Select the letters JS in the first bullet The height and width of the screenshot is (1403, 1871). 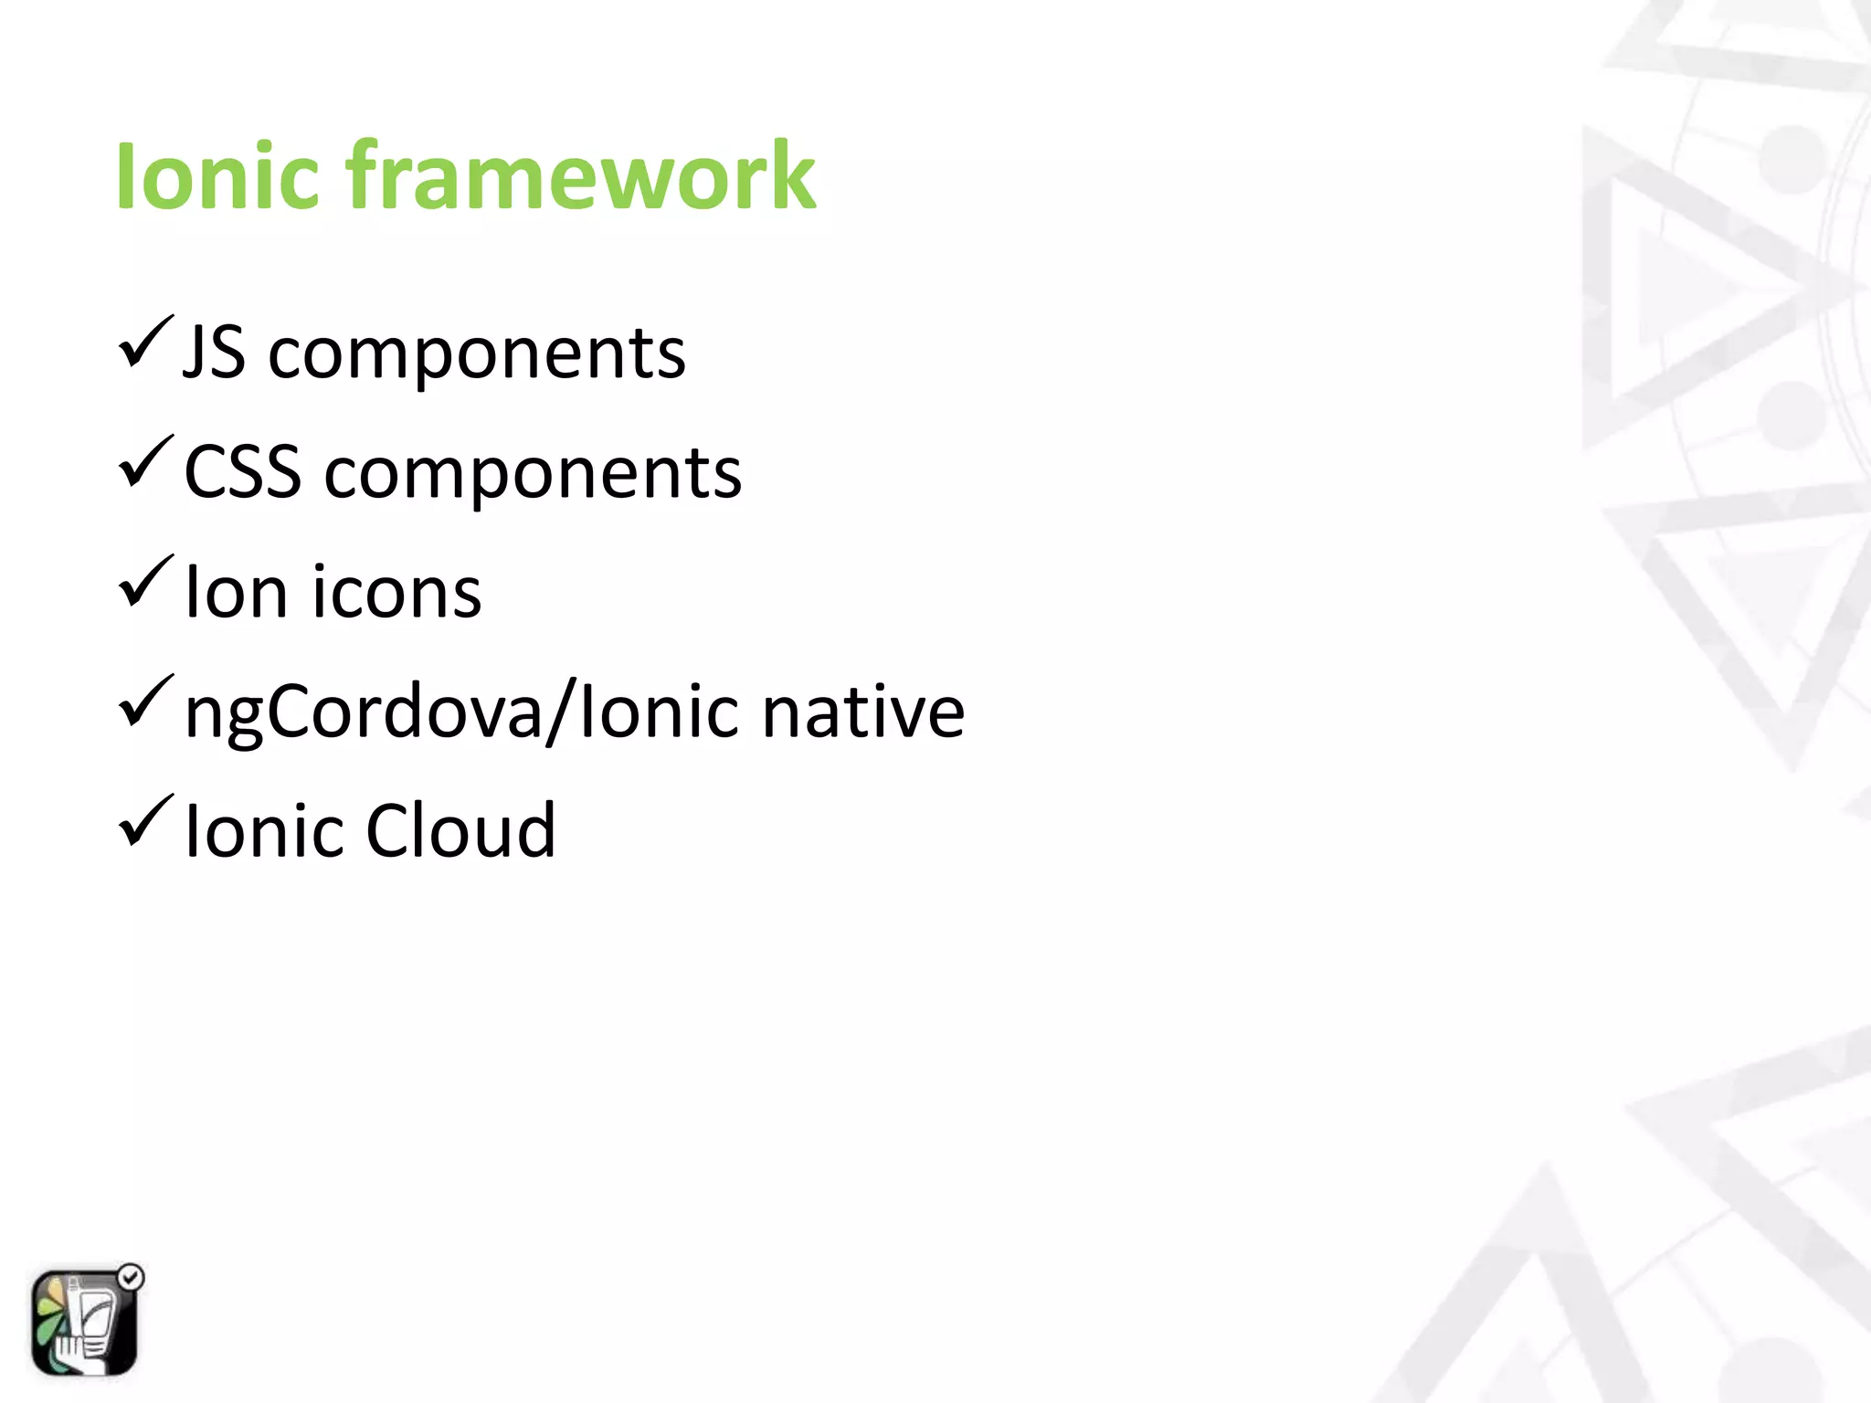[214, 353]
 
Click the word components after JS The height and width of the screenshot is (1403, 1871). [476, 354]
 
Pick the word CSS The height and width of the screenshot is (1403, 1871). [242, 472]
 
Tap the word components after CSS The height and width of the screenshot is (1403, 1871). [533, 474]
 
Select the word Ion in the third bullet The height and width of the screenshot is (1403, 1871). [236, 592]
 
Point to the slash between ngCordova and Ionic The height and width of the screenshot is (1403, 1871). [560, 712]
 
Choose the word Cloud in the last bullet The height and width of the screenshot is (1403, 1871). [460, 830]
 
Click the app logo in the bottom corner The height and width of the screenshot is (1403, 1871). [84, 1323]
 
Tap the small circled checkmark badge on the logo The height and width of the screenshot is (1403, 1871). [132, 1277]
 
